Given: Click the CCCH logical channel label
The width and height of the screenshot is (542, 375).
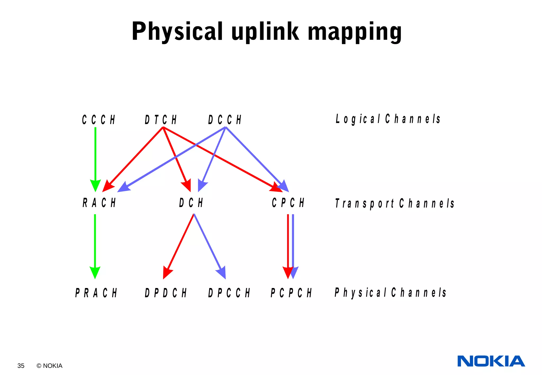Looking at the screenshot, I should [x=98, y=120].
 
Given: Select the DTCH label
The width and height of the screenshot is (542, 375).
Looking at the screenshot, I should [x=161, y=120].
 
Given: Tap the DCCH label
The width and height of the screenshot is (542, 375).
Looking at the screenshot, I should [x=225, y=120].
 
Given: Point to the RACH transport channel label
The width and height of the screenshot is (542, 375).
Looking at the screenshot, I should [x=99, y=203].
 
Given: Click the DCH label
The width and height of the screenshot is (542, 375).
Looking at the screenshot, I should [x=191, y=203].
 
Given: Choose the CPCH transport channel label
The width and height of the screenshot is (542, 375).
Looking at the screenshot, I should [x=288, y=203].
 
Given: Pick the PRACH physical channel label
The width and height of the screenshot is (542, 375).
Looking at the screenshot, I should [x=96, y=293].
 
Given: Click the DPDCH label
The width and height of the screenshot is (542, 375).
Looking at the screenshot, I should [x=166, y=293].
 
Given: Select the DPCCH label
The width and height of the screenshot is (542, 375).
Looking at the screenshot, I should [x=229, y=293].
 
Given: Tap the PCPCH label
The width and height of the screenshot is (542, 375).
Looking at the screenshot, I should [x=291, y=293].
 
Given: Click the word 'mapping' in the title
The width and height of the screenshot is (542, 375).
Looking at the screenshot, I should [x=355, y=32].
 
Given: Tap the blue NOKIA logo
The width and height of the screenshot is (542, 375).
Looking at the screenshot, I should [x=491, y=361].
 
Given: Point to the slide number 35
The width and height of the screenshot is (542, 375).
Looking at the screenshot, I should [x=21, y=366].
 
